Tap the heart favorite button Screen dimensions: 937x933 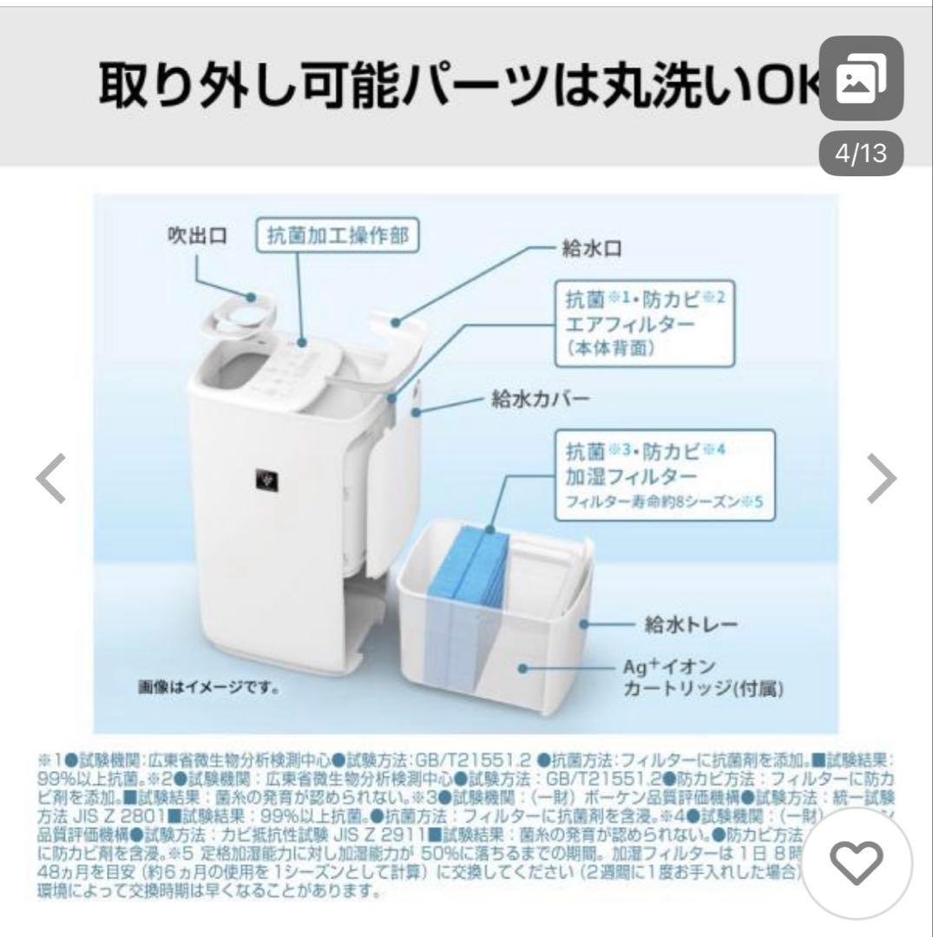(857, 860)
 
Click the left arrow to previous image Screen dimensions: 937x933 (50, 478)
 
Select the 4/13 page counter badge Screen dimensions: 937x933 (848, 154)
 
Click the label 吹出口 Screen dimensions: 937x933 (198, 236)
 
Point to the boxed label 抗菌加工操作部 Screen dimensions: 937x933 (338, 236)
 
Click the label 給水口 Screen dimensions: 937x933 (592, 250)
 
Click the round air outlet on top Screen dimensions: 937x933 (241, 305)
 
